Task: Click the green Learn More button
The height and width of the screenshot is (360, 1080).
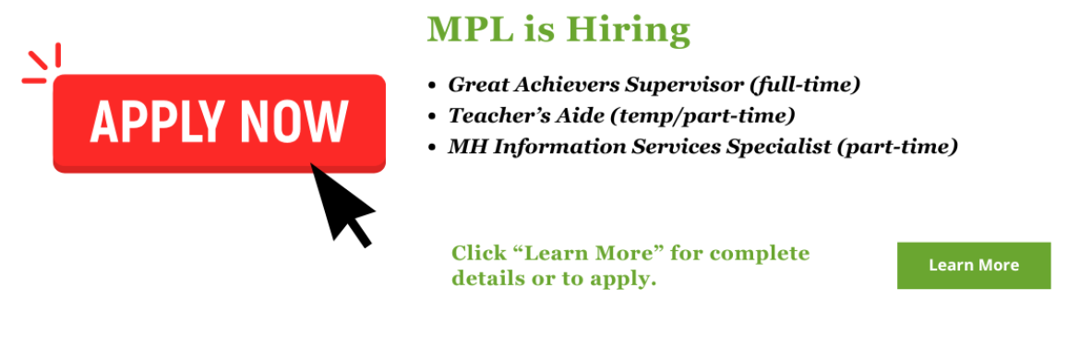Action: [973, 266]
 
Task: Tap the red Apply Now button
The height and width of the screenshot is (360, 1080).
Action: [219, 122]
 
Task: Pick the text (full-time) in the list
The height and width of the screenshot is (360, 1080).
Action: [805, 85]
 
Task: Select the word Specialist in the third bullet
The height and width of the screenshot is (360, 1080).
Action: [785, 147]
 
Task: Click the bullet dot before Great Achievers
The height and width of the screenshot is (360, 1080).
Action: [432, 86]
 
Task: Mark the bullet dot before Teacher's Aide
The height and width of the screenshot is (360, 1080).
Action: [432, 116]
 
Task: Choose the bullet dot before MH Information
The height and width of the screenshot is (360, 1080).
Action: [432, 147]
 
